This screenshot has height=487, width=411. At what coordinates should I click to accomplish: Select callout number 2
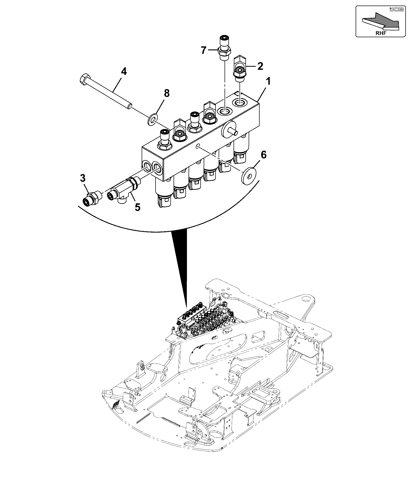pos(260,66)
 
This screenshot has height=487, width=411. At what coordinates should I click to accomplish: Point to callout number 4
pos(124,71)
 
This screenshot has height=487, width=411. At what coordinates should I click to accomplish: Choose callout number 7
pos(204,50)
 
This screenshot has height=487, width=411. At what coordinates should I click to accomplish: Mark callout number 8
pos(167,93)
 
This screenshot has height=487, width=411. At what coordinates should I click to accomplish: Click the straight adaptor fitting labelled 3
pos(92,199)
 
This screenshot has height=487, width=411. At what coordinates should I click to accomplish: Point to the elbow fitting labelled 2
pos(240,66)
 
